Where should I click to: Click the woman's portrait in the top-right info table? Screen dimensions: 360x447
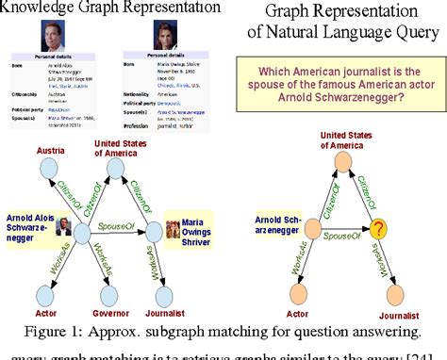tap(156, 36)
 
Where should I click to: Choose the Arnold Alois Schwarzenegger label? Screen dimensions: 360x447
tap(33, 226)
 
